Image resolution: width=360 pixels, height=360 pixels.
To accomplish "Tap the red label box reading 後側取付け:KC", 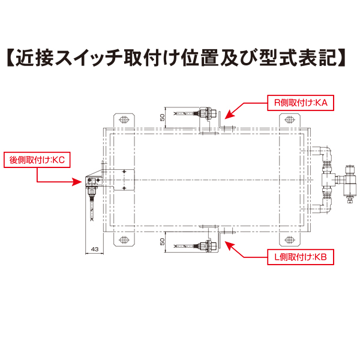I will pos(37,160).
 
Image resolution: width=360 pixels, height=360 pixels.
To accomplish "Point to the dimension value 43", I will pos(94,248).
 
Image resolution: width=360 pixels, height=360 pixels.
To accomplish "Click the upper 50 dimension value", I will pos(162,116).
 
